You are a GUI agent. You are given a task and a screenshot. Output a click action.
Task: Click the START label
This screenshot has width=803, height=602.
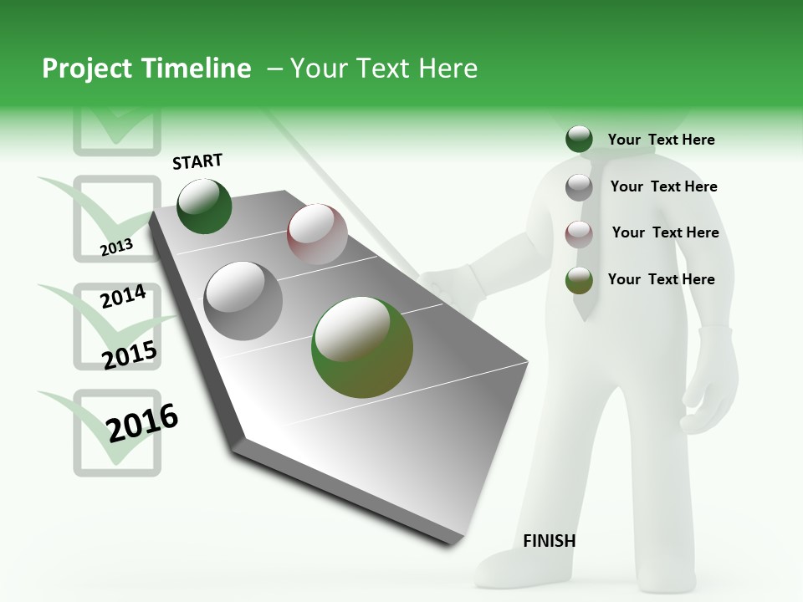pos(197,161)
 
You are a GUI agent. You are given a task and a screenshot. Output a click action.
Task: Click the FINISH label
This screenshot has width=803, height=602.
pos(549,541)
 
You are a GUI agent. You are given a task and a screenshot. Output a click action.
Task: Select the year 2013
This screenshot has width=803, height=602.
pos(116,247)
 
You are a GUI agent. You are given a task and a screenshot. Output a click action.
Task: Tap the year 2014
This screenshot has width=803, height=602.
pos(123,297)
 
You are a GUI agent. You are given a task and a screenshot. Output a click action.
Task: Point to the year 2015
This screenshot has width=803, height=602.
pos(130,355)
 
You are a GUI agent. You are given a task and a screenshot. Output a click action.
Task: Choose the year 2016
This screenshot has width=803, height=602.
pos(143,422)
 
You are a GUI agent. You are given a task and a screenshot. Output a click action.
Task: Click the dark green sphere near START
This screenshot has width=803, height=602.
pos(204,206)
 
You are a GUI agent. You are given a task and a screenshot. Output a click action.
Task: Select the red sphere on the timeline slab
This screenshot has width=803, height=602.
pos(317,234)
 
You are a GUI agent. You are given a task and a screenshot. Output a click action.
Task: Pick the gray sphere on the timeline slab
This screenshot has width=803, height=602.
pos(243,301)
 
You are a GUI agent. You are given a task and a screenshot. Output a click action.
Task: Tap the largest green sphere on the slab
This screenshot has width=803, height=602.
pos(362,347)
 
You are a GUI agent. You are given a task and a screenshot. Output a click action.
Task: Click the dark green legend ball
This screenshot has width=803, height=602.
pos(579,140)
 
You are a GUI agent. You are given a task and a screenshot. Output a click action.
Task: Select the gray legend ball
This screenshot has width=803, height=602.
pos(579,187)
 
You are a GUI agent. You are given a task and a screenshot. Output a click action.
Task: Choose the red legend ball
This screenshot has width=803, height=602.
pos(579,233)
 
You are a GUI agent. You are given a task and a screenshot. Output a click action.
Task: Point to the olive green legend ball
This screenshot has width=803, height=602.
pos(579,280)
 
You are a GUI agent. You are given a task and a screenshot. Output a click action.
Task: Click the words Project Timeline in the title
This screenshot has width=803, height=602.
pos(146,69)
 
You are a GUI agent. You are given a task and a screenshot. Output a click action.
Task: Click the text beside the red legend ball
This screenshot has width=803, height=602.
pos(665,232)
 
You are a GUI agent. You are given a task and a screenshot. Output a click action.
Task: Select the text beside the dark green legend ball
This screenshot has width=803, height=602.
pos(661,140)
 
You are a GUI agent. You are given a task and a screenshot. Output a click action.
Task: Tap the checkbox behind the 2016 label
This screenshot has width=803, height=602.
pos(117,432)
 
